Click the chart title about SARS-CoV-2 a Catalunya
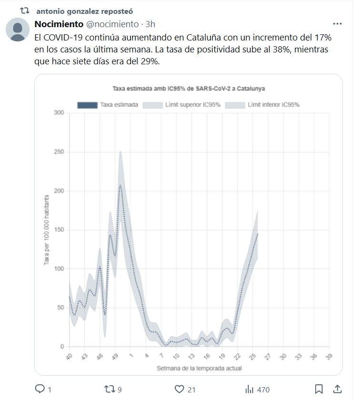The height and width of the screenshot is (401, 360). point(189,88)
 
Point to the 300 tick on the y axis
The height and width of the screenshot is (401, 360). point(59,113)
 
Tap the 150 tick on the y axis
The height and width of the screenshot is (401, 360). point(59,230)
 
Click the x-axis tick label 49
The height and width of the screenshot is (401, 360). point(113,356)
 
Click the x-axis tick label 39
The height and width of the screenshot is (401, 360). point(329,356)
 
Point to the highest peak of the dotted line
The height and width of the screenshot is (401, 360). point(120,185)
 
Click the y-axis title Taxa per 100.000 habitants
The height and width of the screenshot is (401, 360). point(47,230)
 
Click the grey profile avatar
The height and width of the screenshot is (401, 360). point(18,30)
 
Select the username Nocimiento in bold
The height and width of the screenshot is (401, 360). point(59,24)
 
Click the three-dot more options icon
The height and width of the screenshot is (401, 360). point(337,23)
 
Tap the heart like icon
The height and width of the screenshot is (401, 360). point(179,390)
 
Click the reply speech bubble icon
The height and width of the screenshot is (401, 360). point(40,390)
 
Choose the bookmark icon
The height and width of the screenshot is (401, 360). point(319,390)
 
